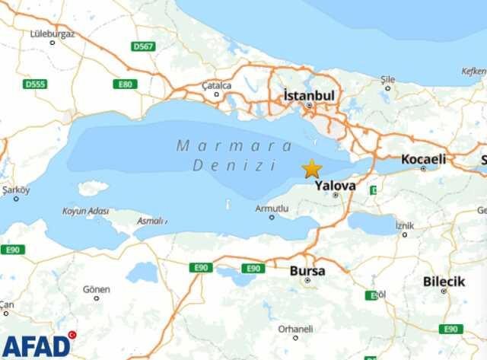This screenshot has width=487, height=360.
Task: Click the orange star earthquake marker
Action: pyautogui.click(x=311, y=169)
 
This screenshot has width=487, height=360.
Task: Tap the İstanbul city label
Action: pyautogui.click(x=309, y=96)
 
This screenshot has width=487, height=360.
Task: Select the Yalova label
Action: pyautogui.click(x=336, y=184)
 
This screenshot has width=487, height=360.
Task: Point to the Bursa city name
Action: pyautogui.click(x=307, y=270)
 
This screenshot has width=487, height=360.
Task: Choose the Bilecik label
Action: pyautogui.click(x=444, y=282)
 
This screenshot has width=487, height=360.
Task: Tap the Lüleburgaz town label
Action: pyautogui.click(x=52, y=33)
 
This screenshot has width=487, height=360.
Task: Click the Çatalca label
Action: pyautogui.click(x=217, y=86)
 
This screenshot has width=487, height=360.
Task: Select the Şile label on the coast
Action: pyautogui.click(x=388, y=78)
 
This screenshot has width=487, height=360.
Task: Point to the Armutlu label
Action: pyautogui.click(x=272, y=208)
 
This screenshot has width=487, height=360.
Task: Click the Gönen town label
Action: pyautogui.click(x=97, y=289)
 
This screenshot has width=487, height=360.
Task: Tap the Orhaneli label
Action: pyautogui.click(x=294, y=329)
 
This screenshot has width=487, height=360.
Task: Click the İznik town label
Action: pyautogui.click(x=405, y=225)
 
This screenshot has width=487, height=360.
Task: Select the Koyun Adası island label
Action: pyautogui.click(x=85, y=212)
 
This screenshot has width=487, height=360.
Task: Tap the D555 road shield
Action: pyautogui.click(x=35, y=84)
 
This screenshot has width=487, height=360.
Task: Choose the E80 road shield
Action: pyautogui.click(x=123, y=84)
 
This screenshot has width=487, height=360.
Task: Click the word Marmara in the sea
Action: pyautogui.click(x=234, y=145)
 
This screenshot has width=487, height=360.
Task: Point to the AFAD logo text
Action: pyautogui.click(x=35, y=345)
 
